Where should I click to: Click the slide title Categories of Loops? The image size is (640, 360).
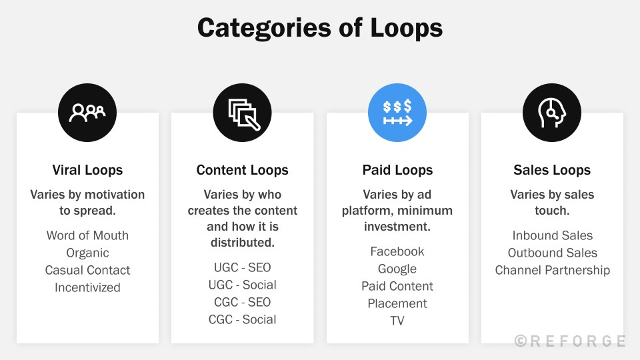click(x=320, y=28)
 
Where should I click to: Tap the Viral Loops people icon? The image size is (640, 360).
click(x=87, y=113)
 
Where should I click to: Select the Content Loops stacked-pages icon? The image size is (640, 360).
click(x=242, y=113)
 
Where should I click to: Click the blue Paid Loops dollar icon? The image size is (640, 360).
click(x=397, y=113)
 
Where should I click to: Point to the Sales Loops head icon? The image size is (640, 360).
click(x=552, y=113)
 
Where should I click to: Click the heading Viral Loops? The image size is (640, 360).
click(x=87, y=170)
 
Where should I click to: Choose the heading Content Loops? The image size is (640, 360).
click(x=242, y=170)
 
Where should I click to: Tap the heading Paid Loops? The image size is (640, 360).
click(x=397, y=170)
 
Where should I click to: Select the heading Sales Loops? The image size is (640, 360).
click(x=552, y=170)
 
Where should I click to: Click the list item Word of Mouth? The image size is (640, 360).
click(x=87, y=235)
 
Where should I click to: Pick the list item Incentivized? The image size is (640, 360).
click(x=87, y=287)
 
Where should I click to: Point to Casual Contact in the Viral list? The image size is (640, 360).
click(x=87, y=270)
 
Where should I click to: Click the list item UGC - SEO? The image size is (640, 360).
click(x=242, y=267)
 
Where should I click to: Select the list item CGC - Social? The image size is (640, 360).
click(x=242, y=319)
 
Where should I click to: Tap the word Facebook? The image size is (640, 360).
click(x=397, y=251)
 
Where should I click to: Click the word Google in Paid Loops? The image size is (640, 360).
click(x=397, y=269)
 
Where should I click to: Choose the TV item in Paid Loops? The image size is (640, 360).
click(x=397, y=321)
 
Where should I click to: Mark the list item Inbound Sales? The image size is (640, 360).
click(x=552, y=235)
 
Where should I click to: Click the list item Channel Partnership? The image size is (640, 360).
click(x=552, y=270)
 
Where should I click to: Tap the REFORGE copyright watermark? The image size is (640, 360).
click(x=570, y=341)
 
